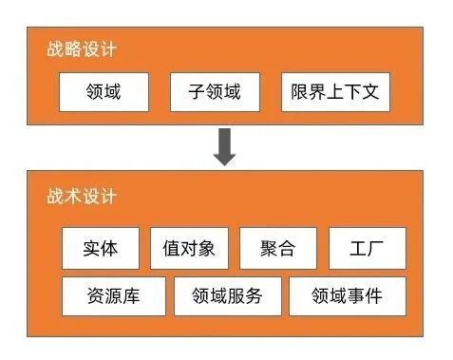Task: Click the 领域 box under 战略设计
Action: click(104, 92)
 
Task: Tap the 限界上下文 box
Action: click(335, 92)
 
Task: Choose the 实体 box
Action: click(100, 249)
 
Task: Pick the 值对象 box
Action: click(189, 249)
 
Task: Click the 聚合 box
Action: click(277, 249)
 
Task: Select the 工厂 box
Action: click(367, 249)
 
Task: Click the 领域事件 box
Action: click(347, 296)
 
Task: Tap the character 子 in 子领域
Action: click(197, 92)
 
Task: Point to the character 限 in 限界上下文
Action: click(300, 92)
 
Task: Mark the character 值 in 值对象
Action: click(171, 249)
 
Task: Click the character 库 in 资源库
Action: click(131, 296)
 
